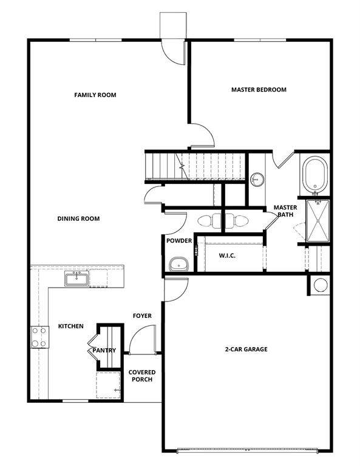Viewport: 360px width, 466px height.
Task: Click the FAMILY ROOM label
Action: tap(95, 95)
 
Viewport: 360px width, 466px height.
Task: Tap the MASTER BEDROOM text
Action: tap(259, 90)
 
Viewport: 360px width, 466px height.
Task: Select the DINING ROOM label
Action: tap(78, 218)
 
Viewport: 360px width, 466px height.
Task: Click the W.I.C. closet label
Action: tap(227, 255)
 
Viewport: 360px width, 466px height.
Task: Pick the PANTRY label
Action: tap(104, 350)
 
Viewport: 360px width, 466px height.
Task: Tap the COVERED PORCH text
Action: tap(141, 376)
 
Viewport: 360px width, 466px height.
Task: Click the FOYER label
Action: tap(142, 316)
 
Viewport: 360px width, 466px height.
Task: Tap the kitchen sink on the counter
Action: tap(77, 279)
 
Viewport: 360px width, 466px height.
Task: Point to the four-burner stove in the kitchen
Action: tap(39, 337)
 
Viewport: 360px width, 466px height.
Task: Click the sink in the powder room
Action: tap(178, 263)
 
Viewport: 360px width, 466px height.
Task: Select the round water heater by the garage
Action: tap(320, 285)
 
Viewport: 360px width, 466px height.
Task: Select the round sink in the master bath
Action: tap(257, 179)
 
